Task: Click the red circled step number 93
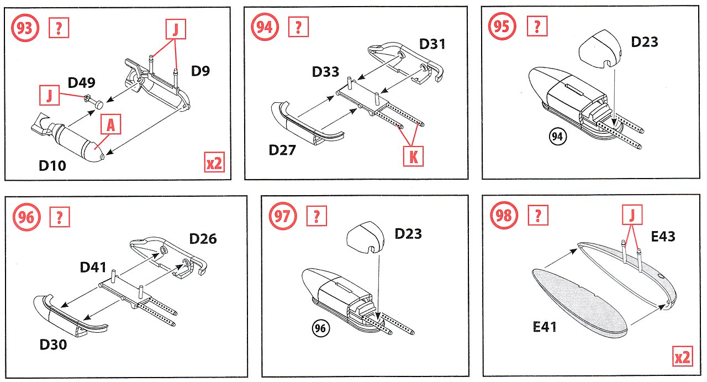pyautogui.click(x=24, y=28)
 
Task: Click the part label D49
pyautogui.click(x=82, y=83)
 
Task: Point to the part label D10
pyautogui.click(x=52, y=165)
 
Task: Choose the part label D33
pyautogui.click(x=326, y=72)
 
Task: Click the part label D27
pyautogui.click(x=283, y=150)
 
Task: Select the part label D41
pyautogui.click(x=94, y=267)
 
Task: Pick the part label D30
pyautogui.click(x=53, y=345)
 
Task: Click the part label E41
pyautogui.click(x=545, y=327)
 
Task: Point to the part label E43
pyautogui.click(x=663, y=237)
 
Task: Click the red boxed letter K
pyautogui.click(x=413, y=157)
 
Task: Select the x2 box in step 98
pyautogui.click(x=683, y=358)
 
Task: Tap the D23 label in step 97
pyautogui.click(x=408, y=234)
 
